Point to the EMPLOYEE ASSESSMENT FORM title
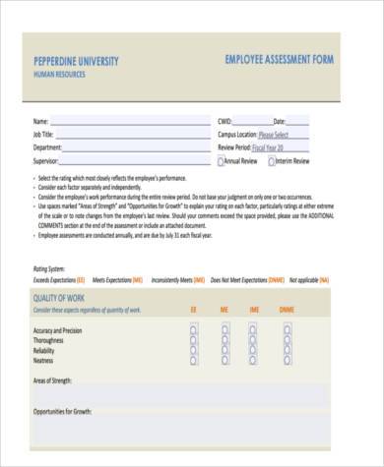click(x=279, y=61)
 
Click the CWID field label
click(x=227, y=121)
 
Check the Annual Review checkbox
click(x=222, y=159)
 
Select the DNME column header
click(x=286, y=311)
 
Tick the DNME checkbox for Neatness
click(x=286, y=358)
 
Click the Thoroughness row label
click(x=55, y=339)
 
